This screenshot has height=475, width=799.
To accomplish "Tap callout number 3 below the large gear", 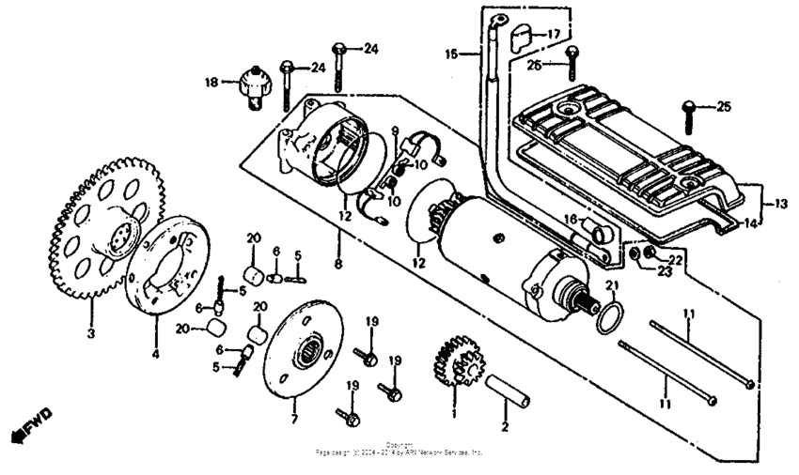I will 91,332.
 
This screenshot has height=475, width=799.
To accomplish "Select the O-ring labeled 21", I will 610,317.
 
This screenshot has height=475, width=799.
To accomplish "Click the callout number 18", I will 211,83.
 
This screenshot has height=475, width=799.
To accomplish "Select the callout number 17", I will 553,34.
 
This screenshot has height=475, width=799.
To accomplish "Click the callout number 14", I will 749,224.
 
